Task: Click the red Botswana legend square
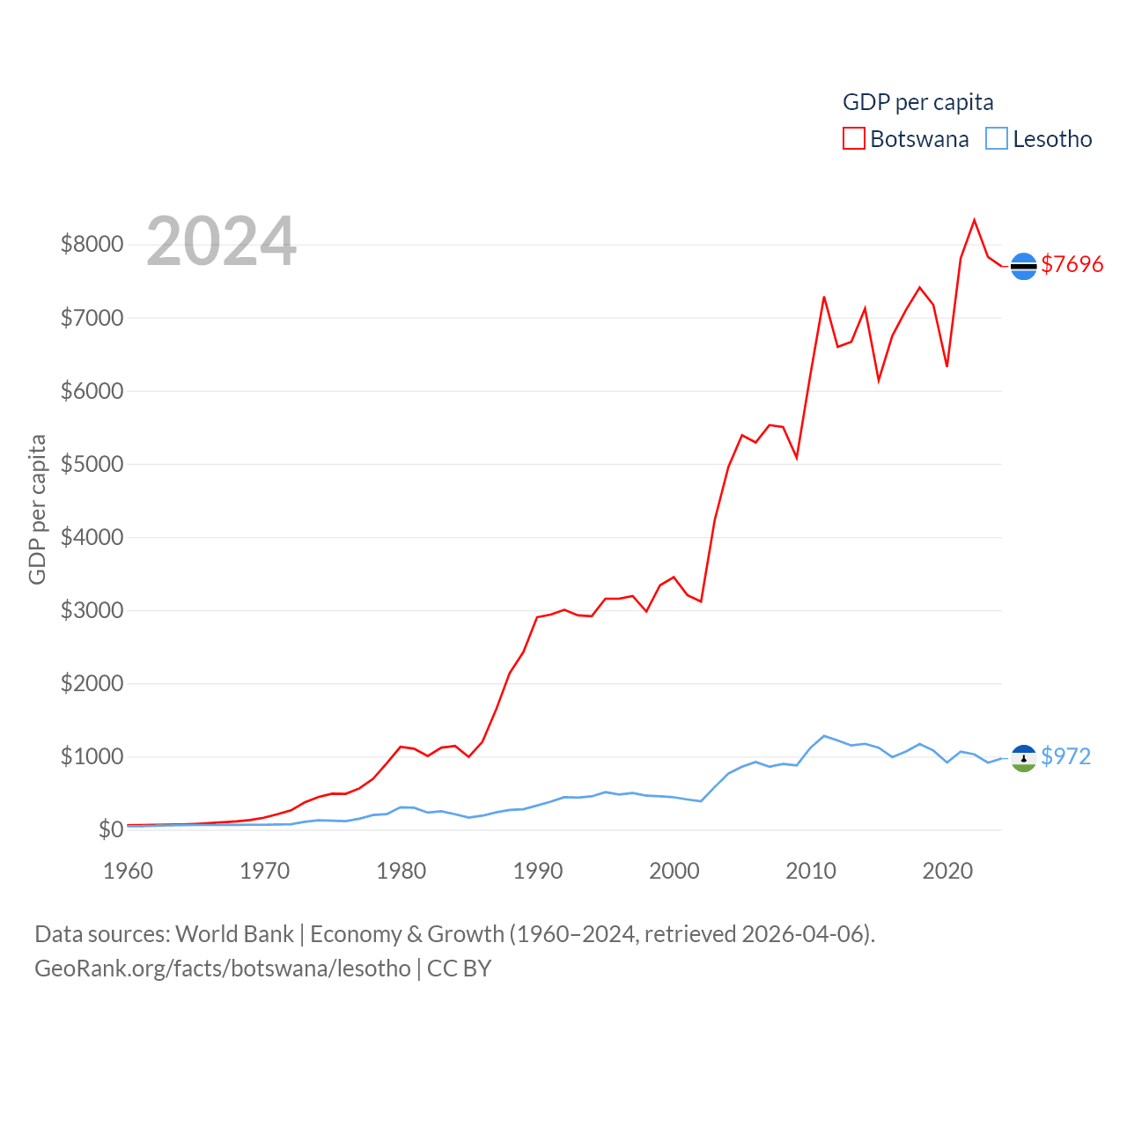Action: [854, 139]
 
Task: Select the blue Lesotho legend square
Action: [997, 139]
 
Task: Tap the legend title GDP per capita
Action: [917, 102]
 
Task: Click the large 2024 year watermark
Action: [221, 241]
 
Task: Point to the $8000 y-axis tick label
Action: [92, 244]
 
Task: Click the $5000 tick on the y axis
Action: [92, 464]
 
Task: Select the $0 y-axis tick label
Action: [110, 829]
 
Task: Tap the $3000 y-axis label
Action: [92, 610]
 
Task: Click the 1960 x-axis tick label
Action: [129, 871]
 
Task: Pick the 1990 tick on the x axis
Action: [538, 871]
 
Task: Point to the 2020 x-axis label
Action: [947, 871]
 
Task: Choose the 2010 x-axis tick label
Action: [811, 871]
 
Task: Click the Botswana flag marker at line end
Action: [1023, 266]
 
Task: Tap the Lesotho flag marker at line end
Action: [1023, 758]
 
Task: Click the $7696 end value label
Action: [1072, 264]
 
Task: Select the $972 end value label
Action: [1065, 756]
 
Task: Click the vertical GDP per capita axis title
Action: [37, 509]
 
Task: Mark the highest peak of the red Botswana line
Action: [974, 220]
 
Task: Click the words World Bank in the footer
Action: [234, 933]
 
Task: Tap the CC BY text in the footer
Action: [459, 969]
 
